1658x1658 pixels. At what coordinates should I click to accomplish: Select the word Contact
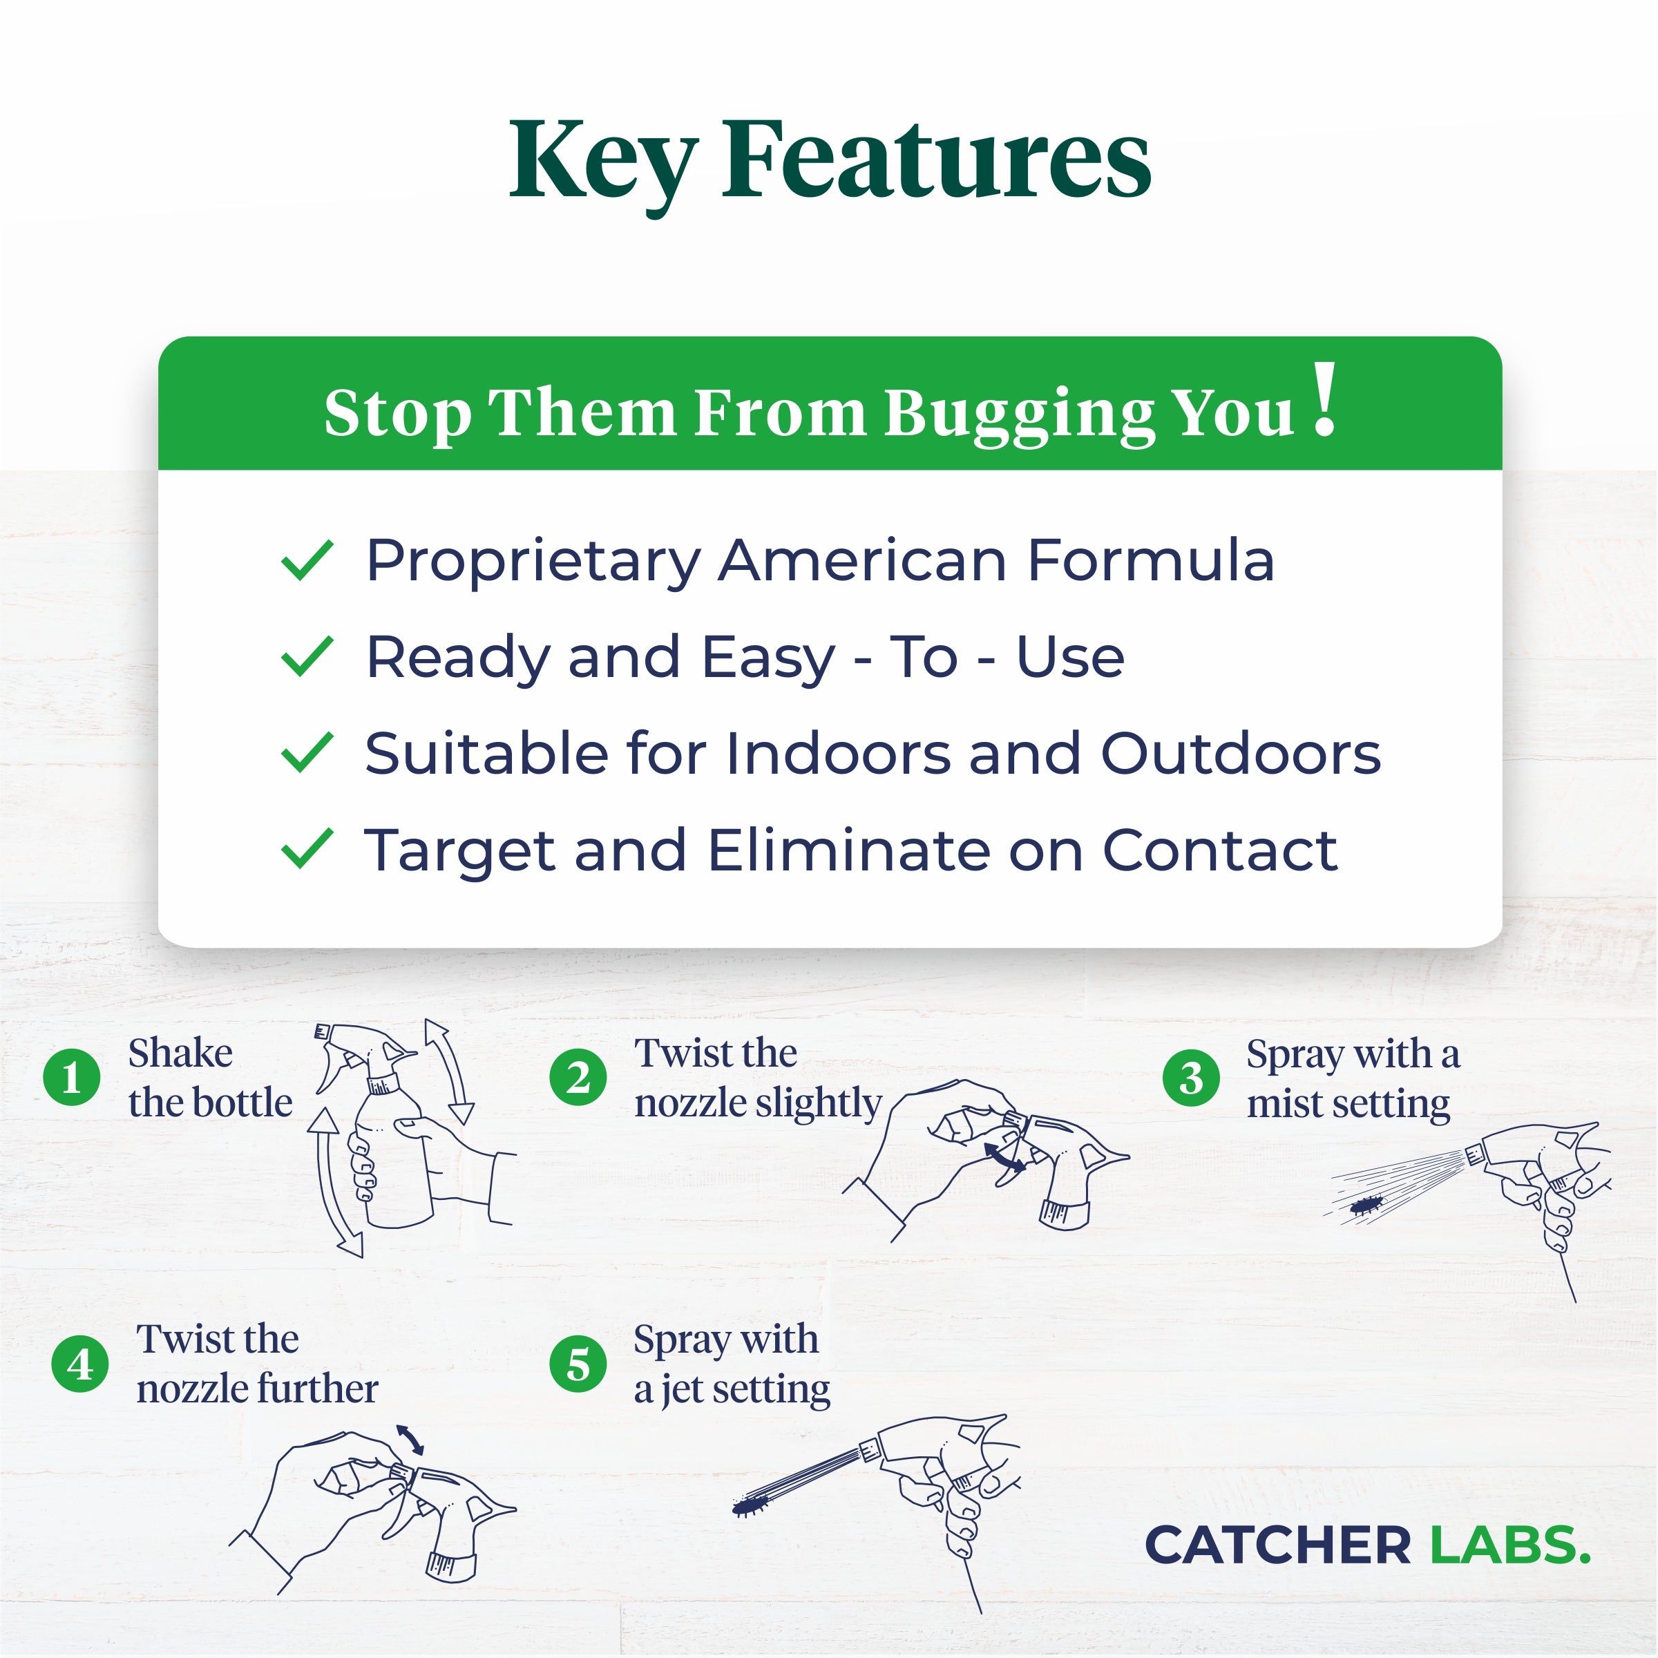[x=1220, y=850]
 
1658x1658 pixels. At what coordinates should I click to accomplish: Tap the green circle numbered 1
[x=72, y=1078]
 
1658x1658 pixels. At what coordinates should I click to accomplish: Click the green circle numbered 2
[x=578, y=1078]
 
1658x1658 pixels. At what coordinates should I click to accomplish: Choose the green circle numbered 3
[x=1191, y=1078]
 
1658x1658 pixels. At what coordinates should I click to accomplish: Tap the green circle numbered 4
[x=80, y=1364]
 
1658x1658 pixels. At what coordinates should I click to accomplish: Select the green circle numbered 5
[x=578, y=1364]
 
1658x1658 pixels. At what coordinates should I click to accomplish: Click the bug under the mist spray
[x=1366, y=1206]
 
